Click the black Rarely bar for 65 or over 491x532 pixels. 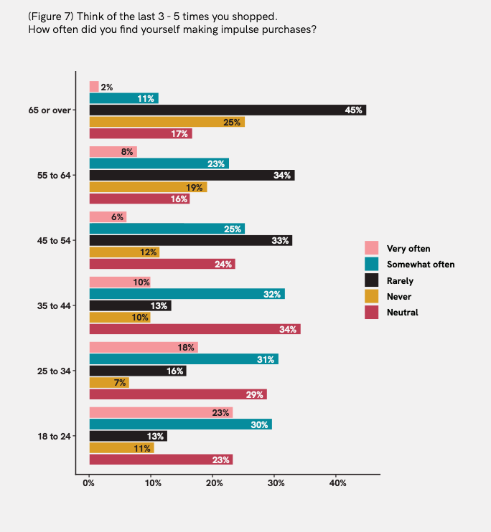pos(227,110)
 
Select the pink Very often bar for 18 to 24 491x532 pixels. pos(161,412)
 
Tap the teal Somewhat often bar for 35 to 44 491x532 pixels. pos(187,294)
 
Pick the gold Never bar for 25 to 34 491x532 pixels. pos(108,383)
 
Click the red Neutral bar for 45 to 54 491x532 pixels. pos(162,264)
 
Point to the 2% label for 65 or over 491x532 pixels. pos(107,87)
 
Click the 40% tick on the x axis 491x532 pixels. pos(337,483)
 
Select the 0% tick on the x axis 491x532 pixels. pos(89,483)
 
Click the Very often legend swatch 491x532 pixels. pos(371,249)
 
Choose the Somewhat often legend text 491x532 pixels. pos(421,265)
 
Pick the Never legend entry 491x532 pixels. pos(400,296)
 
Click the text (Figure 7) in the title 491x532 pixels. pos(51,16)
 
